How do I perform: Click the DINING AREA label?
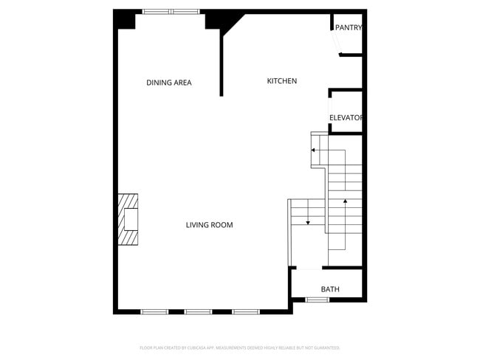pos(168,83)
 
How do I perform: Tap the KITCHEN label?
pos(281,81)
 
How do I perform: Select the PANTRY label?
pos(348,28)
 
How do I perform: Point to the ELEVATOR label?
pos(346,118)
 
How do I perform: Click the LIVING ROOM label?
pos(209,225)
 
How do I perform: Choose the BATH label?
pos(330,289)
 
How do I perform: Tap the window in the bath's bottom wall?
pos(318,300)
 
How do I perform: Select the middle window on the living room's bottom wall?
pos(199,312)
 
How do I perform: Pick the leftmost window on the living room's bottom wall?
pos(155,312)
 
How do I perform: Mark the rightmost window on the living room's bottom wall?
pos(246,312)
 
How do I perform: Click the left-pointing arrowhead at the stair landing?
pos(313,150)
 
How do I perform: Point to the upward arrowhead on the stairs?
pos(345,200)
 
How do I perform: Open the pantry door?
pos(336,43)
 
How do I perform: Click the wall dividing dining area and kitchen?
pos(222,63)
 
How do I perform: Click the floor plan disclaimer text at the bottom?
pos(239,347)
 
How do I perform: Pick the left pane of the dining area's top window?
pos(157,12)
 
